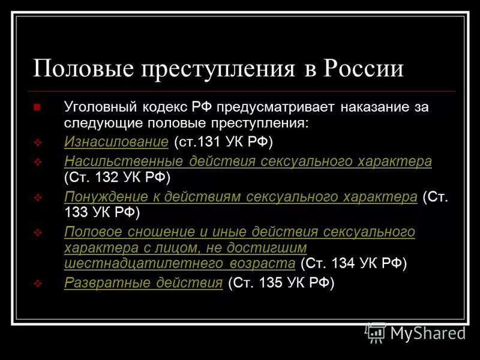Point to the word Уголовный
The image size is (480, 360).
tap(100, 109)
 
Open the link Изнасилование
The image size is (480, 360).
tap(116, 143)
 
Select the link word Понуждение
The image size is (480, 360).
tap(100, 197)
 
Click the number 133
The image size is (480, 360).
tap(76, 213)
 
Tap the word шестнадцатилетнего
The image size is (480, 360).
tap(125, 263)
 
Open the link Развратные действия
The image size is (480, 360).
tap(143, 283)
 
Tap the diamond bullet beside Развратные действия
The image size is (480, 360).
tap(38, 284)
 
